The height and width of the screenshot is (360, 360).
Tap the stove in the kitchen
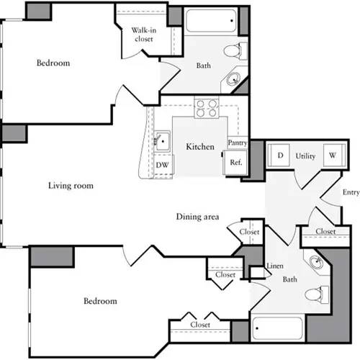[207, 109]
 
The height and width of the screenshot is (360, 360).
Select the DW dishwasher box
[162, 164]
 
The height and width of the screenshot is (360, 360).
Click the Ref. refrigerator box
[235, 162]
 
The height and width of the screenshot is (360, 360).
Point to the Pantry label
[238, 143]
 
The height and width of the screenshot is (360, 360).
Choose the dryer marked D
[279, 156]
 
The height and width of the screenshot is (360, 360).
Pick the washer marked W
[333, 156]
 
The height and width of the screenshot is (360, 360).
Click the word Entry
[351, 192]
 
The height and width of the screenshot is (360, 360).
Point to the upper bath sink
[235, 79]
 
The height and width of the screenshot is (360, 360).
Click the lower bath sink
[315, 261]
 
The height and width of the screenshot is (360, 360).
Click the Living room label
[71, 186]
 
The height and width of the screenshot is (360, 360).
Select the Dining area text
[197, 217]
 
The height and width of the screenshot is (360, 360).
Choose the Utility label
[306, 156]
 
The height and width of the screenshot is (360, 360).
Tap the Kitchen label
[200, 147]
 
